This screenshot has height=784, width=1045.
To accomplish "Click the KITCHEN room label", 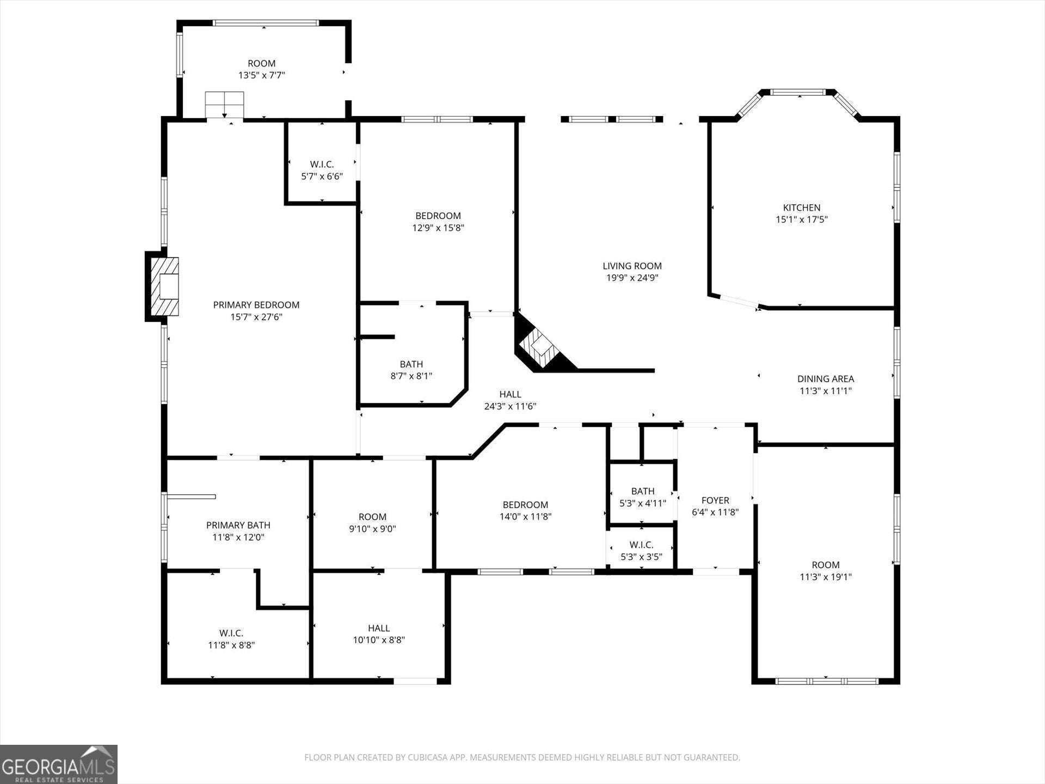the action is tap(801, 207).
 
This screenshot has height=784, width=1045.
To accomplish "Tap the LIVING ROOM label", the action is tap(632, 266).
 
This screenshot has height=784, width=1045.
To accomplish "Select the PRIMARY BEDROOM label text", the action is tap(256, 305).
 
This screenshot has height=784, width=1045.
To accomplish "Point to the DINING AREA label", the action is tap(826, 378).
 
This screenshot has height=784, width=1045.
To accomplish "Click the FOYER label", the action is tap(715, 500).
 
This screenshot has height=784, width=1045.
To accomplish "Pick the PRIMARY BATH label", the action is tap(238, 525).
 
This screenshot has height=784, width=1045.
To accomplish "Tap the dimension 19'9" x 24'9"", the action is tap(632, 278).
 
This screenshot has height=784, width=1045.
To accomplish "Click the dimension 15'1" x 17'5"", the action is tap(802, 219).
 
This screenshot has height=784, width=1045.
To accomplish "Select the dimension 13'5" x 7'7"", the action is tap(262, 75).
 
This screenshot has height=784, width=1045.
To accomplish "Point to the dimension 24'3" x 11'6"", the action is tap(511, 406).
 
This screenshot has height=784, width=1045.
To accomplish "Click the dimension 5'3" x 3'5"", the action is tap(642, 556).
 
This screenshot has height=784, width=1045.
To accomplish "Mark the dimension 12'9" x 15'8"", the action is tap(438, 228).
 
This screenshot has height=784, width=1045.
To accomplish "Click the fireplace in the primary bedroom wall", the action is tap(162, 286).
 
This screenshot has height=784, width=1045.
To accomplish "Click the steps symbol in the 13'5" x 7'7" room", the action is tap(224, 105).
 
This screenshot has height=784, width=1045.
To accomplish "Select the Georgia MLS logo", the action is tap(58, 764).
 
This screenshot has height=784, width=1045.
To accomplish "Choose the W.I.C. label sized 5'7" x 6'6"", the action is tap(322, 164).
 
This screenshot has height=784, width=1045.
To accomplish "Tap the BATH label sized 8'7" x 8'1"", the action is tap(411, 364).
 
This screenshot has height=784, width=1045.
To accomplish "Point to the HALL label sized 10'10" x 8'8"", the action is tap(379, 628).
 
